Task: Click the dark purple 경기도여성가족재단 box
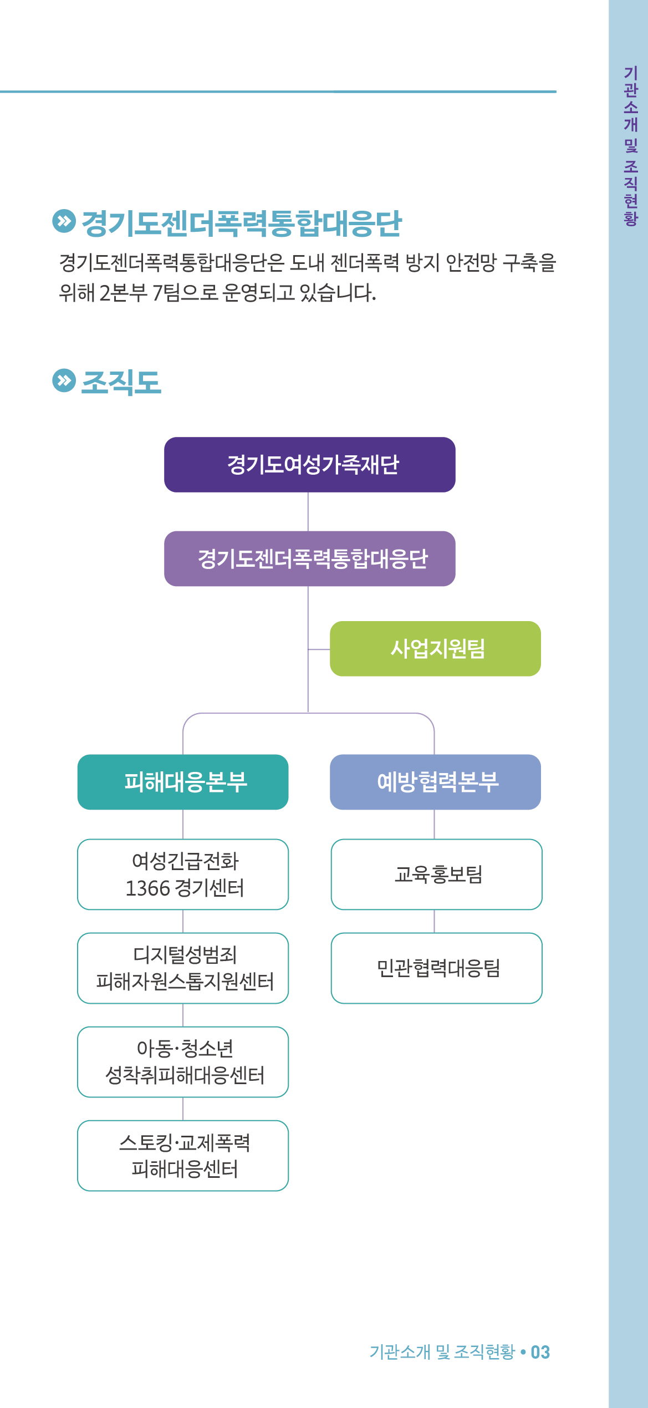click(309, 465)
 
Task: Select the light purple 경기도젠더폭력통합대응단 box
click(309, 558)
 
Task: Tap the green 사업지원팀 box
click(435, 648)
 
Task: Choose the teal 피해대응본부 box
click(183, 782)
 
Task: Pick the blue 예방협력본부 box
click(435, 782)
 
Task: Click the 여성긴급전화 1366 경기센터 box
click(183, 875)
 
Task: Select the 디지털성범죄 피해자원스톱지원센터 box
click(183, 968)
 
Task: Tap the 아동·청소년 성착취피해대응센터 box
click(183, 1062)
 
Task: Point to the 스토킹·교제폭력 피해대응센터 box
click(183, 1156)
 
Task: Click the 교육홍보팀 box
click(437, 875)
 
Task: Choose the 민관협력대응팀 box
click(437, 968)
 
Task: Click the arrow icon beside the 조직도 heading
click(64, 380)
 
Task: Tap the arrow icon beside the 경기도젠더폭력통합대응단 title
click(64, 221)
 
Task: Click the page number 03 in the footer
click(540, 1352)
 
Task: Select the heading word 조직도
click(121, 382)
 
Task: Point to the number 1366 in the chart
click(147, 888)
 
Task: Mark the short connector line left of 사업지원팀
click(319, 649)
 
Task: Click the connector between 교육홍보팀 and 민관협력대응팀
click(434, 921)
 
